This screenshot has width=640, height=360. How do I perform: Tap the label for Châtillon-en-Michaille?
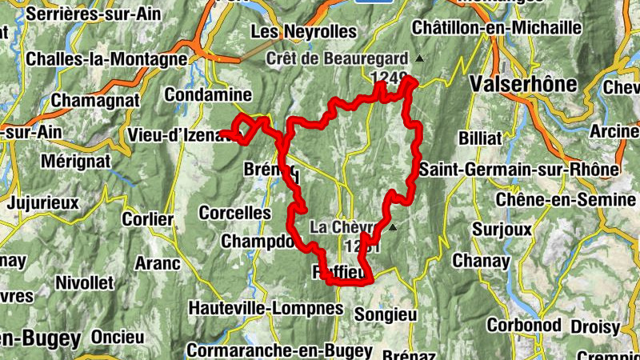coord(496,27)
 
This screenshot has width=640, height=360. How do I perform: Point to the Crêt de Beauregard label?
coord(337,58)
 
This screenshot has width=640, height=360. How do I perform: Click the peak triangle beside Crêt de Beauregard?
coord(418,58)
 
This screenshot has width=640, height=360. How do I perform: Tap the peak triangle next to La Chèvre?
coord(393,227)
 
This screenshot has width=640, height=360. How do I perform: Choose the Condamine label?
coord(208,95)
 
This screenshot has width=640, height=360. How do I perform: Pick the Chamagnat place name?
coord(95,101)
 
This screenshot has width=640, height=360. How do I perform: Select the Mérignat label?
coord(74,161)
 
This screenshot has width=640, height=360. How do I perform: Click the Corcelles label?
coord(235,213)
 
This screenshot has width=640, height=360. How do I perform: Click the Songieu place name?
coord(386,314)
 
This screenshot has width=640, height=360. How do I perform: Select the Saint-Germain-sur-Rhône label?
coord(518,170)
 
